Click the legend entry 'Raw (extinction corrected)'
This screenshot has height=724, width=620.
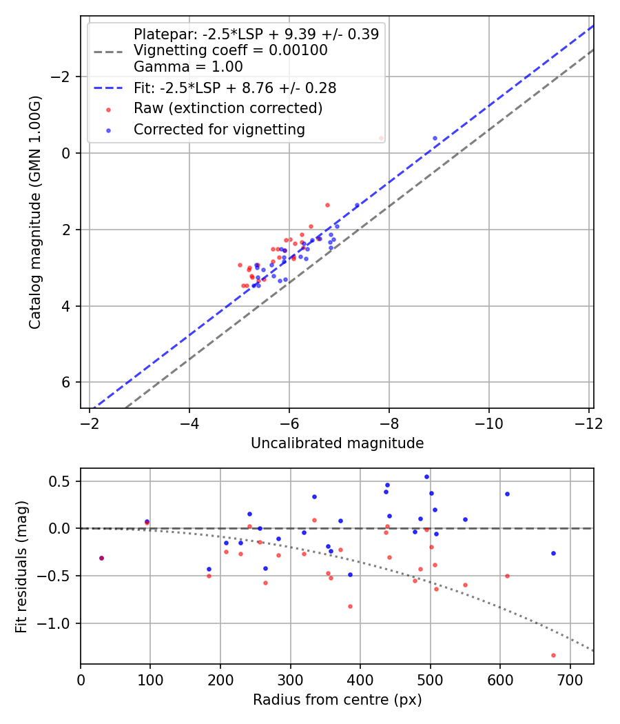tap(228, 108)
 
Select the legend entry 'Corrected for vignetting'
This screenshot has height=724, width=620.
tap(219, 129)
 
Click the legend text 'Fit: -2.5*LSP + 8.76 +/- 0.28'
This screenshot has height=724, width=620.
tap(235, 88)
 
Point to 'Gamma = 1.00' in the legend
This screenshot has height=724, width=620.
tap(188, 67)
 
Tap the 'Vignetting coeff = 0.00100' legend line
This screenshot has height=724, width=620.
tap(230, 50)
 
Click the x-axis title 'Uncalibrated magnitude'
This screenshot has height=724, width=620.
tap(337, 443)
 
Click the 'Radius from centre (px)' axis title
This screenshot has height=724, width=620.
tap(337, 700)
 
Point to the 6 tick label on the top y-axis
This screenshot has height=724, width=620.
tap(66, 383)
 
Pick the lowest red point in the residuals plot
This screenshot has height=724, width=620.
tap(553, 655)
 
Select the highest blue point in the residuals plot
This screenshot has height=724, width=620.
tap(426, 476)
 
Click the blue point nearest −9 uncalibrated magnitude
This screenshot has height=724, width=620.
tap(435, 138)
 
